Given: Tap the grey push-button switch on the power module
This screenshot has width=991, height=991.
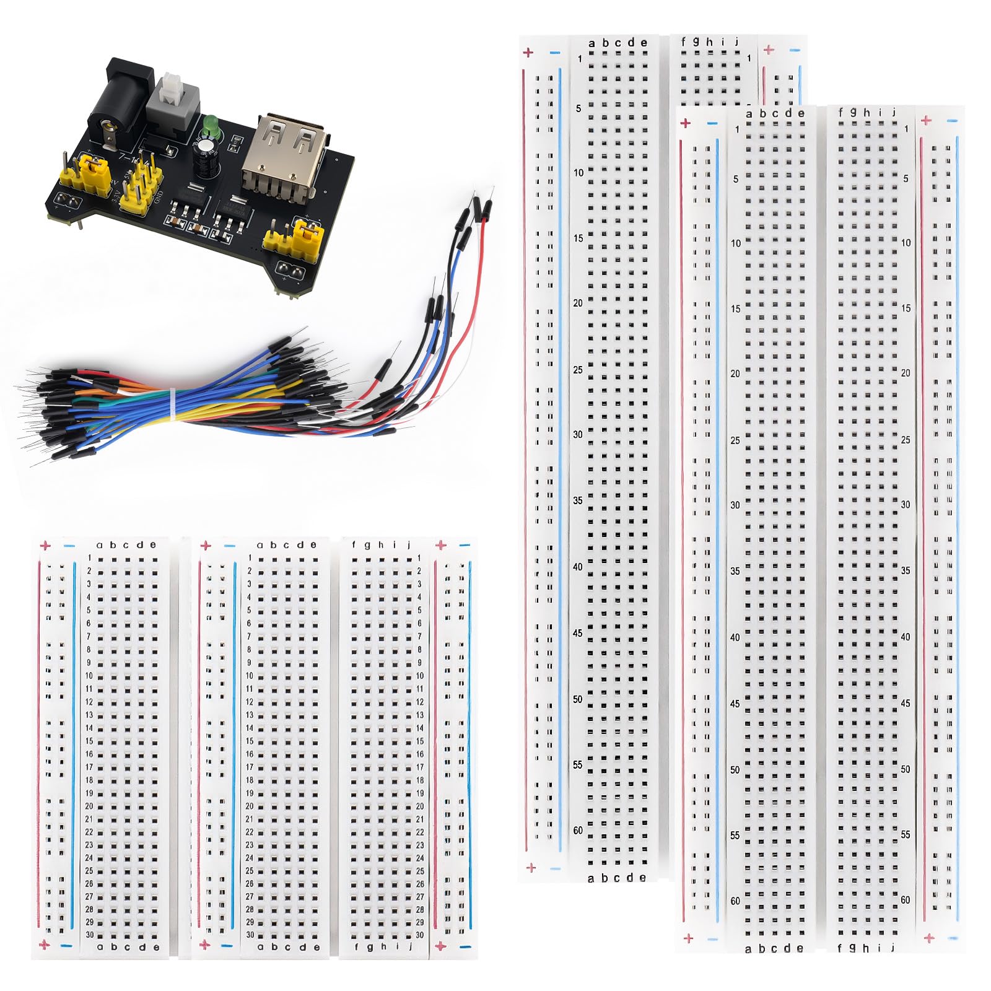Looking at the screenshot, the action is point(170,94).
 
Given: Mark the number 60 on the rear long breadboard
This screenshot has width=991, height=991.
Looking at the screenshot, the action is point(578,831).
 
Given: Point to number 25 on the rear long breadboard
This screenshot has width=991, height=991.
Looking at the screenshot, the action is point(578,370).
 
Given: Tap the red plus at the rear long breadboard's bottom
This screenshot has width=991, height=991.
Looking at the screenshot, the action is point(530,868).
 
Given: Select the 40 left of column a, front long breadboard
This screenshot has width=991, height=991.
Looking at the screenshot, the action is point(735,637).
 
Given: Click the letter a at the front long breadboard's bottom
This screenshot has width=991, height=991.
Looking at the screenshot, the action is point(748,949).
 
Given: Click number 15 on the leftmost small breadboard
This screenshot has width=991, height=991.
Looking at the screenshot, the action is point(89,741).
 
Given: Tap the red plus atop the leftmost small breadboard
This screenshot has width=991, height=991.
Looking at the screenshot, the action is point(45,546).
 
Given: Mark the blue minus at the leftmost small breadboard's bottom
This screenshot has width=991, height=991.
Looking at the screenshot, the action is point(67,946).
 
